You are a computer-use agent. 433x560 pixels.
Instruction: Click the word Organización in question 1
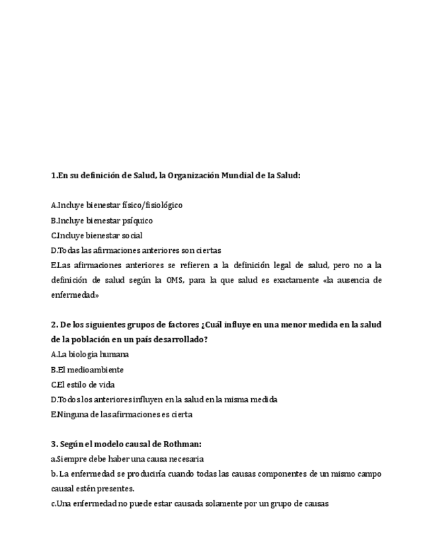(193, 176)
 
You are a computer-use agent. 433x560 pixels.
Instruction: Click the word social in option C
(131, 236)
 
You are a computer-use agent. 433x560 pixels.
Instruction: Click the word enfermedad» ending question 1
(75, 295)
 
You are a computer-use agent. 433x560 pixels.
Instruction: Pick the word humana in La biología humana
(114, 355)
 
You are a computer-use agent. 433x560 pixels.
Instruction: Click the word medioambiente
(95, 370)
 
